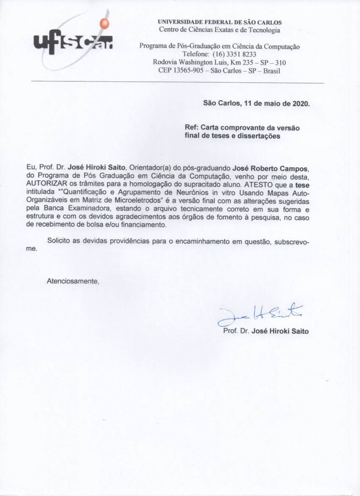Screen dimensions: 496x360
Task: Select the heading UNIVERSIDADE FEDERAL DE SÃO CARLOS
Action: click(x=219, y=22)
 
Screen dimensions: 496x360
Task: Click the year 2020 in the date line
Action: click(x=301, y=103)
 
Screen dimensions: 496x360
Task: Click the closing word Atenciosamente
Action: click(x=73, y=281)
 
